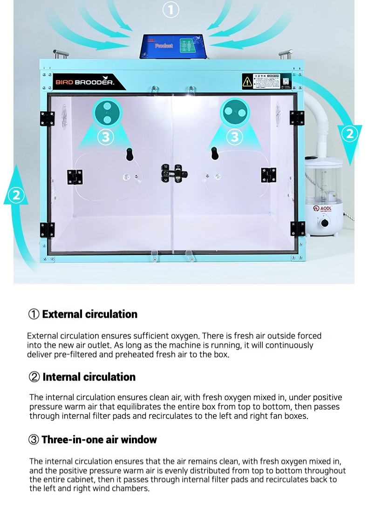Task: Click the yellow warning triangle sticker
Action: point(247,81)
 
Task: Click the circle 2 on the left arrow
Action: point(17,195)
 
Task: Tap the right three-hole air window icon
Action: point(235,113)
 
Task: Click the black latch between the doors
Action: point(173,174)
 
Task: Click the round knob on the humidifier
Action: point(323,223)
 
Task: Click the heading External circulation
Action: point(89,314)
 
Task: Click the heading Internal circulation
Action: point(89,377)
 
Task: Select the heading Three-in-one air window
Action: point(99,440)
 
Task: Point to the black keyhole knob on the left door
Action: point(129,153)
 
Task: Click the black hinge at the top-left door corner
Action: point(47,118)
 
